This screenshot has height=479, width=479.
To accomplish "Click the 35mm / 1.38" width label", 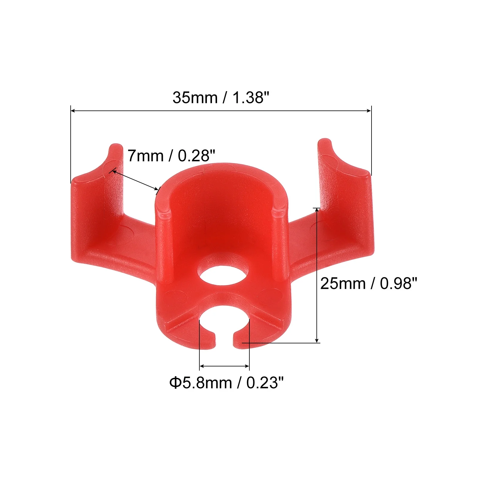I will (x=221, y=98).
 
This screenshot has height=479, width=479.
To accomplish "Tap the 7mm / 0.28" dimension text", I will (x=171, y=156).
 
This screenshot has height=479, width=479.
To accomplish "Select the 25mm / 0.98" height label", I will (x=368, y=283).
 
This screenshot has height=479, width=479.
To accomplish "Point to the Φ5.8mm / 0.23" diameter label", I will (x=226, y=383).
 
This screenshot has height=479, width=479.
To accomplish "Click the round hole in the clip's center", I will (x=224, y=274).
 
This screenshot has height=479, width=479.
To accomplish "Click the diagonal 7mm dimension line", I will (x=135, y=180).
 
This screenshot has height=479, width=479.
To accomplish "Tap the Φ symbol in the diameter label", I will (x=175, y=383).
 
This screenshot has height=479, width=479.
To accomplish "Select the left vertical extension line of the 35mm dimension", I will (x=71, y=144).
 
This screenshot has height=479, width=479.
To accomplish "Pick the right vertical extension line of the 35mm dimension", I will (x=372, y=141).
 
